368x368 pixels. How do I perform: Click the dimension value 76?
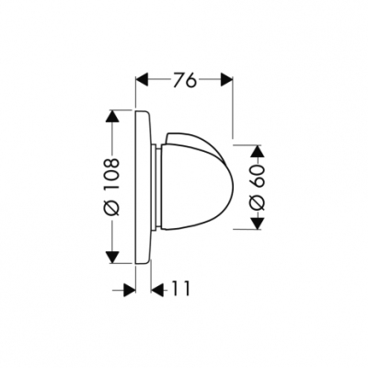[184, 81]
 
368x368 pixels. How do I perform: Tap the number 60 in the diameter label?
[258, 176]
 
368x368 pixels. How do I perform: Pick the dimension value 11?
[179, 288]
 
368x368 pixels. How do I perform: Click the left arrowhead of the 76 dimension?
[142, 80]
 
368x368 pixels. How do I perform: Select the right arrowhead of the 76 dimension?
[226, 80]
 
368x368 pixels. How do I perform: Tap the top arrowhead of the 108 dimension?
[112, 116]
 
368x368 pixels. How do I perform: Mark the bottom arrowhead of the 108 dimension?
[112, 257]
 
